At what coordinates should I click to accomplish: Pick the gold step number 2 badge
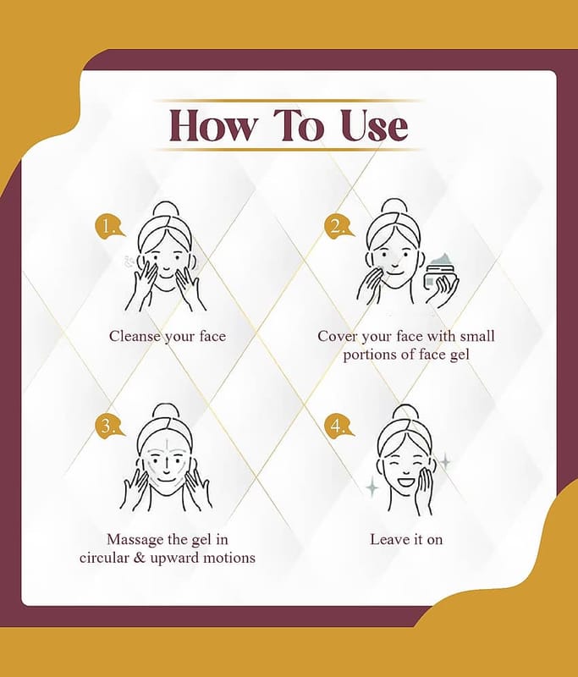tap(339, 226)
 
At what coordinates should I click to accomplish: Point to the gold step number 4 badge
tap(339, 426)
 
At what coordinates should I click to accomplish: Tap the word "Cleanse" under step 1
tap(135, 336)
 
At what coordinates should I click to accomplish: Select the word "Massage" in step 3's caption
tap(134, 540)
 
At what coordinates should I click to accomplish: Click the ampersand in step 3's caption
tap(140, 558)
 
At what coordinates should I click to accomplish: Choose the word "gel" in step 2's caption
tap(459, 355)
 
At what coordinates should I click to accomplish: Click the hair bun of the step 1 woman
tap(166, 210)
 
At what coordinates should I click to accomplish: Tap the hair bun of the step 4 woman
tap(405, 413)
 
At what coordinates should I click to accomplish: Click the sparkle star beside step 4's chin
tap(372, 488)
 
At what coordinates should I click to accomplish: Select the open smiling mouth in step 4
tap(405, 479)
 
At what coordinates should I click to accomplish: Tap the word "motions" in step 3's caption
tap(229, 558)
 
